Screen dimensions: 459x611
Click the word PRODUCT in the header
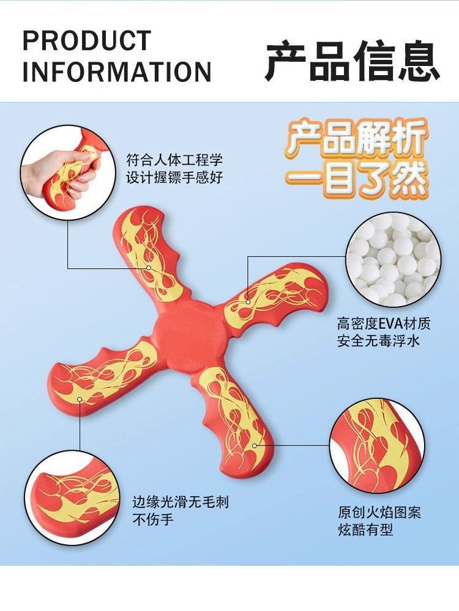pos(86,41)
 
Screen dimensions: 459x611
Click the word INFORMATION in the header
pos(117,71)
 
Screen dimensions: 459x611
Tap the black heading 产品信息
pos(353,62)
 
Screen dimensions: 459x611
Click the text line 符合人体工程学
pos(174,161)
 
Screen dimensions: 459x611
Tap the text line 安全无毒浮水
pos(379,342)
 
